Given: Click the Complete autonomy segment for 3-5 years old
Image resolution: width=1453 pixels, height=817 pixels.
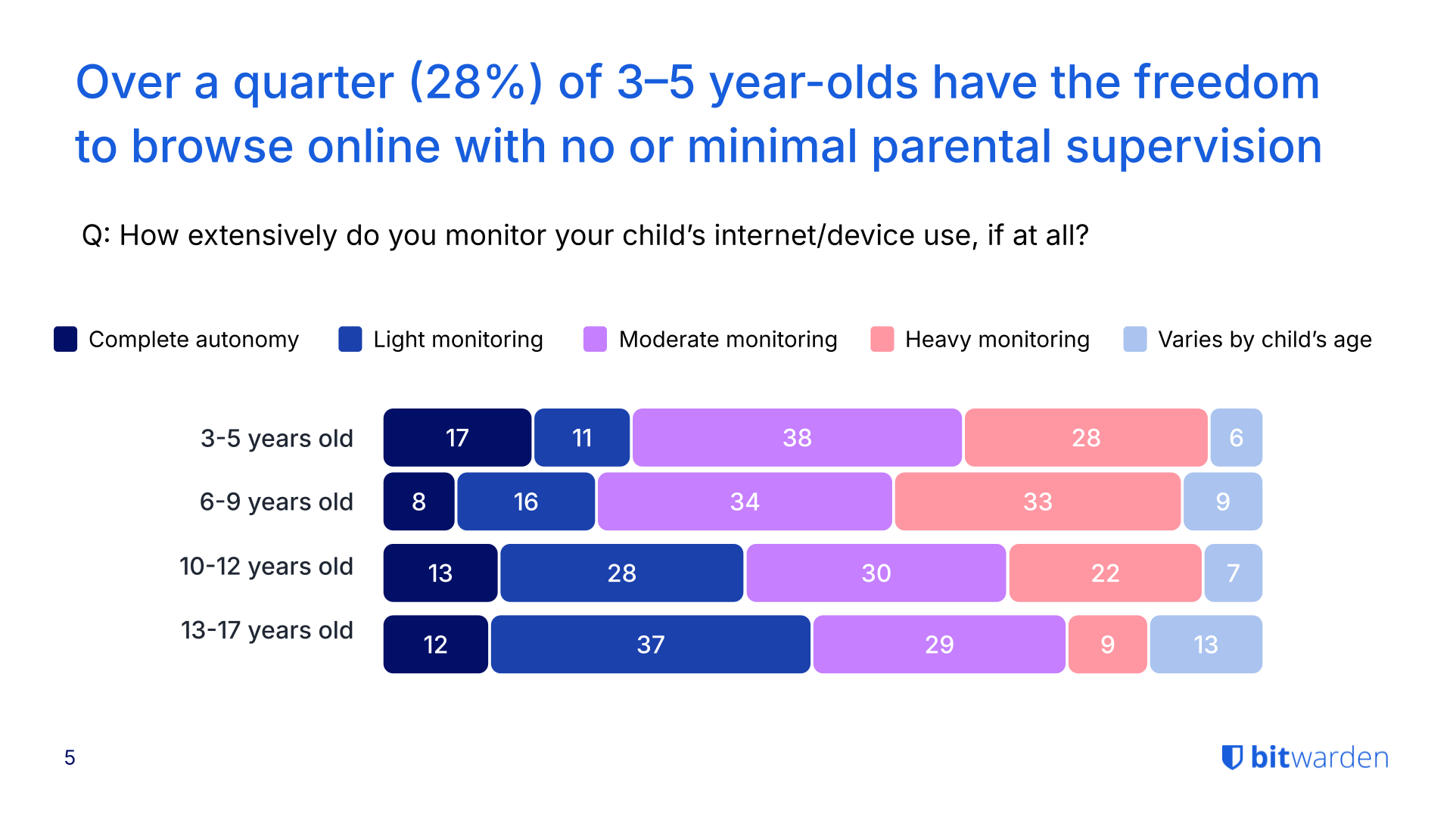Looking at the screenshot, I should point(457,437).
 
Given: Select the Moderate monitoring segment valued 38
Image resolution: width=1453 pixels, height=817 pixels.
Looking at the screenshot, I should point(797,437).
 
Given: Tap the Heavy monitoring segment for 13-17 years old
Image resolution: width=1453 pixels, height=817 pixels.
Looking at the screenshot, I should point(1107,644).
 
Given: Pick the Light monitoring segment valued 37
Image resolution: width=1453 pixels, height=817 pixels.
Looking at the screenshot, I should point(650,644).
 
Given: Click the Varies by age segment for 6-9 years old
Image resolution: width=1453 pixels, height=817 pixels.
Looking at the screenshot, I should point(1222,502).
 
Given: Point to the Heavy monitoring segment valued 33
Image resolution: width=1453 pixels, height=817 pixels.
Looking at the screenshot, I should point(1038,502).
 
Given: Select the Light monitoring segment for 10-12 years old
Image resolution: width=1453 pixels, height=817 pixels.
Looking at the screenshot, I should point(621,573).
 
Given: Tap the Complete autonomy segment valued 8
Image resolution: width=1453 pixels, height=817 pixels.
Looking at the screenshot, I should point(418,502).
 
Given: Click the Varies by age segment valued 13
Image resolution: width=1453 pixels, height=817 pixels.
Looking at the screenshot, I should point(1206,644).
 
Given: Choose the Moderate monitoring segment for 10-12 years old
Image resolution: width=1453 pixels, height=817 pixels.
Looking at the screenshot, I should point(876,573).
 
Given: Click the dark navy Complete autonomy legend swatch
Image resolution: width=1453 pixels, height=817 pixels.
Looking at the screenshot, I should point(66,339).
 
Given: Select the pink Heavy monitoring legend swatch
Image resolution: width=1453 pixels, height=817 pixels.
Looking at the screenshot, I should point(882,339).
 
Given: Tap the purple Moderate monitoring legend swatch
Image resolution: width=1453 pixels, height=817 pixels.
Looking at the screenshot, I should point(595,339).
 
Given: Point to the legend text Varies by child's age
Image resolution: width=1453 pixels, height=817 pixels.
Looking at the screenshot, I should point(1265,340).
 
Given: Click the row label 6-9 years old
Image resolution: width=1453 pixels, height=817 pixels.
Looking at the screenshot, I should point(276,502).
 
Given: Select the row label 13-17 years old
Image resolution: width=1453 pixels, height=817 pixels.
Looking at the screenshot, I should point(266,630).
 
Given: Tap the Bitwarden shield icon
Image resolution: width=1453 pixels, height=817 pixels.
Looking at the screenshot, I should point(1232,757).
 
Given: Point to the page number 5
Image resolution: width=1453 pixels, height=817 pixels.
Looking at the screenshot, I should point(70,757).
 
